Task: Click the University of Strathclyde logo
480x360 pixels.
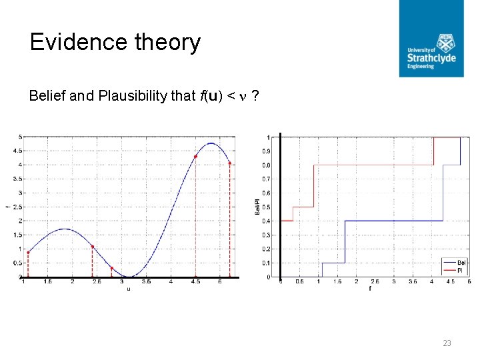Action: tap(431, 38)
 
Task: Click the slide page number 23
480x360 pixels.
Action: tap(447, 343)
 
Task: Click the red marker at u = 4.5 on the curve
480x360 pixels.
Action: tap(195, 157)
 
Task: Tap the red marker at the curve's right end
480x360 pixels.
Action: tap(230, 163)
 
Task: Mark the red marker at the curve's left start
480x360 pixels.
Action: tap(28, 252)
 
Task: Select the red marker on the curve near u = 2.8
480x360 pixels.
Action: tap(111, 268)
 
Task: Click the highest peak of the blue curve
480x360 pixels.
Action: tap(211, 143)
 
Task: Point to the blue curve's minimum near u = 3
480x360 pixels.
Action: tap(130, 276)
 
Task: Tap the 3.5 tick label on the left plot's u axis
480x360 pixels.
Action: tap(147, 282)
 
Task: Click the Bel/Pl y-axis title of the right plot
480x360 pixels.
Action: tap(257, 207)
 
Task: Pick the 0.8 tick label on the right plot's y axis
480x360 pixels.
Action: tap(266, 165)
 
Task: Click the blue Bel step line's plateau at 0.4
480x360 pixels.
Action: tap(393, 221)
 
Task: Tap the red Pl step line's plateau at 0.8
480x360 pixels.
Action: tap(373, 165)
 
